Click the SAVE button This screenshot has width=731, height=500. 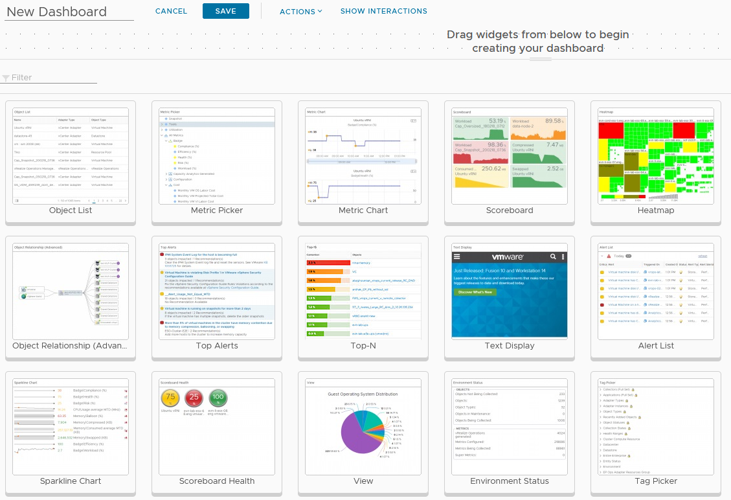click(225, 11)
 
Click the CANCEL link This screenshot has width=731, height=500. click(171, 11)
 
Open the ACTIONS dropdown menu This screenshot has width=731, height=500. click(300, 11)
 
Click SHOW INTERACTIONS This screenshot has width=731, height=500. click(383, 11)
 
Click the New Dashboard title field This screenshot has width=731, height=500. click(69, 12)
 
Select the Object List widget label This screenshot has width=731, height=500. click(71, 210)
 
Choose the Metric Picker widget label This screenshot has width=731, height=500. click(217, 210)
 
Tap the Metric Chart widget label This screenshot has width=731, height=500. click(363, 210)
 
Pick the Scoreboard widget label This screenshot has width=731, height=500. click(510, 210)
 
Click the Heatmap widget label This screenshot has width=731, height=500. click(656, 210)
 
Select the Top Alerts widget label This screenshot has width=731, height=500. click(217, 346)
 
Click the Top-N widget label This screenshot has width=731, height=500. click(363, 346)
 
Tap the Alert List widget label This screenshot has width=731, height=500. click(656, 346)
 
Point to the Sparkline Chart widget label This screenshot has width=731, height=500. click(71, 481)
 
